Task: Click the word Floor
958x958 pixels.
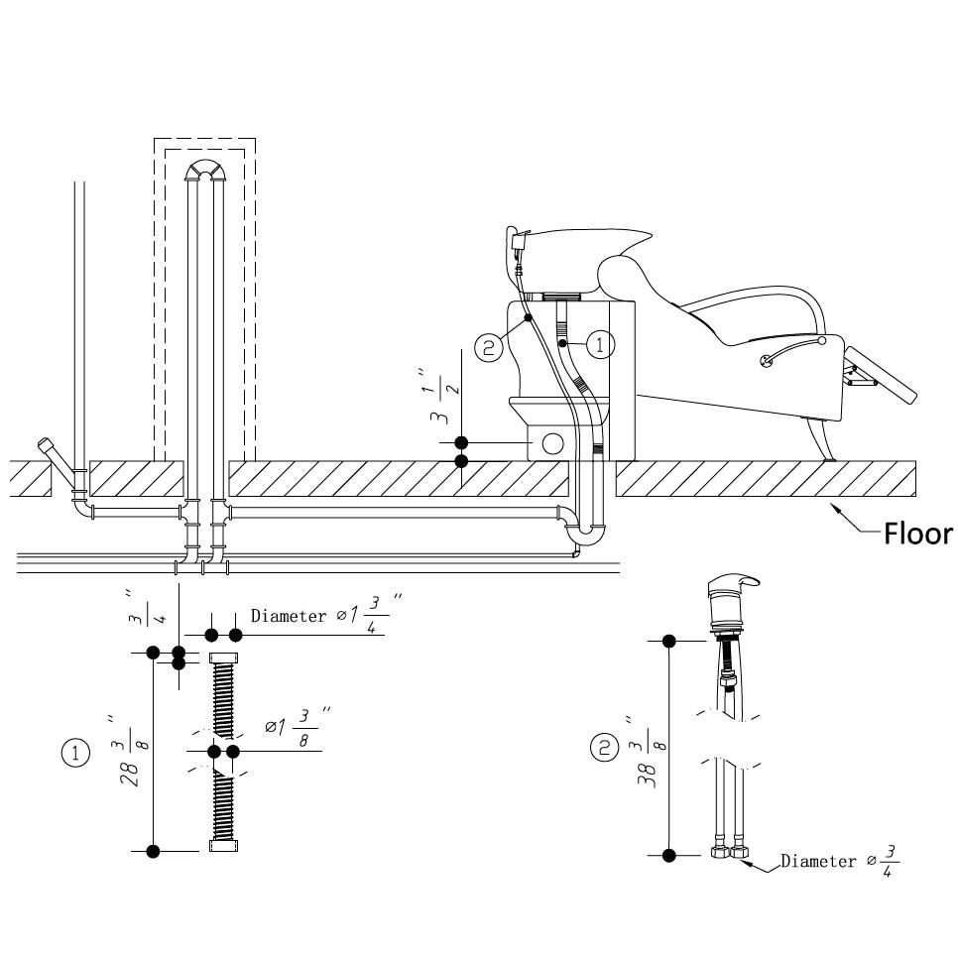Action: point(918,535)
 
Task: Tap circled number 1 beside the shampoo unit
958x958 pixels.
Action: point(600,345)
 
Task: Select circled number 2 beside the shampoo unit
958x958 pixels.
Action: point(489,346)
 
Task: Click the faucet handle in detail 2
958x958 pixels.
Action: point(736,583)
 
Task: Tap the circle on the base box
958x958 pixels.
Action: point(553,442)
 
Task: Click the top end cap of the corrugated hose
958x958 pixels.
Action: point(223,659)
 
